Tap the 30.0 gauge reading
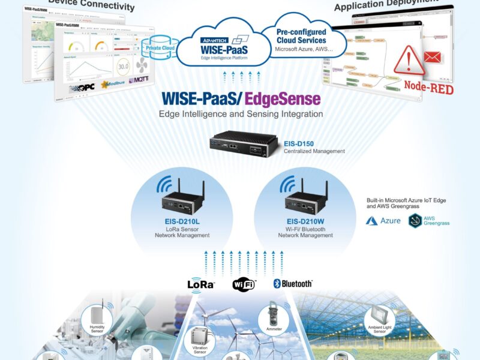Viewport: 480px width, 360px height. coord(124,67)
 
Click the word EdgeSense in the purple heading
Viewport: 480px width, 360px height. coord(286,98)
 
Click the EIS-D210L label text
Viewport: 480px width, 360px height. coord(182,221)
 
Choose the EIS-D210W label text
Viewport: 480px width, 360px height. coord(305,221)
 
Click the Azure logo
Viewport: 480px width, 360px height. coord(383,221)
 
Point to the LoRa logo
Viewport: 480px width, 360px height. coord(201,284)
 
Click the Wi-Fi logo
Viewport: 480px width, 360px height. coord(244,284)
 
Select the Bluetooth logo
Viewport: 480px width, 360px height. coord(293,283)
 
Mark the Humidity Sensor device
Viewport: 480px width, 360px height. coord(97,318)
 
